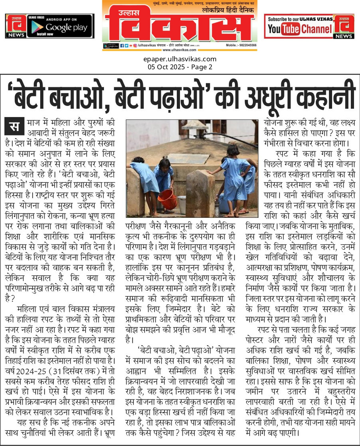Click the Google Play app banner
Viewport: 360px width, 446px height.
50,26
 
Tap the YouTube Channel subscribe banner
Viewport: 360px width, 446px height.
309,26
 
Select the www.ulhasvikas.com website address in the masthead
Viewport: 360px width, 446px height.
180,50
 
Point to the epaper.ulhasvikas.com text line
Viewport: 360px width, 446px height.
180,59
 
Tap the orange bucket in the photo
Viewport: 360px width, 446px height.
167,199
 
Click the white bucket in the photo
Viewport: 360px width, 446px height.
182,204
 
